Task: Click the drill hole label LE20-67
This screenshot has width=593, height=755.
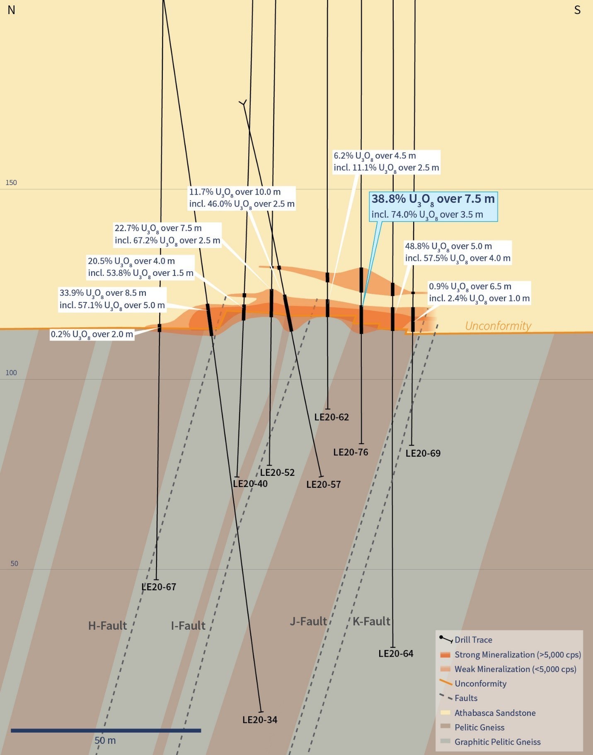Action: [159, 587]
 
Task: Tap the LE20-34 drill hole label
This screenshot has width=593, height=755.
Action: [260, 720]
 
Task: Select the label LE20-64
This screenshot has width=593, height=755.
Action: [396, 653]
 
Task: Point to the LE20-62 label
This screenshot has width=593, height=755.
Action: [332, 417]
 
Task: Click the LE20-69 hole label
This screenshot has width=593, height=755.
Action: [423, 453]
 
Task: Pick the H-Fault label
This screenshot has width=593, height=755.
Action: [107, 626]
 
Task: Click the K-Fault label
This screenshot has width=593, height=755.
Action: [371, 621]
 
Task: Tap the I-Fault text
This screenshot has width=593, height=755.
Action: [188, 626]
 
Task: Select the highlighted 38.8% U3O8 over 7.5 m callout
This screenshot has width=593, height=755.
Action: [433, 206]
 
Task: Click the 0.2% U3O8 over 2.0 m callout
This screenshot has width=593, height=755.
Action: [92, 334]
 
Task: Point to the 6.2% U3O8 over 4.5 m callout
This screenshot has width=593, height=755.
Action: [386, 162]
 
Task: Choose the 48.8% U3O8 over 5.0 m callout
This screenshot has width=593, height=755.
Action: [457, 252]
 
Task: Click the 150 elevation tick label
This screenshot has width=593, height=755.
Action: [11, 183]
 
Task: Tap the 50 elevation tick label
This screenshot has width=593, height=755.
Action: [14, 563]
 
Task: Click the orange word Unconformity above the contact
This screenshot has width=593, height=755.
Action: [498, 326]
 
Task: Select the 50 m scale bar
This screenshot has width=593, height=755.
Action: [106, 731]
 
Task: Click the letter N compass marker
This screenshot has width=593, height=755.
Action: [11, 10]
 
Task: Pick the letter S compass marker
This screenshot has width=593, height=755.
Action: [577, 10]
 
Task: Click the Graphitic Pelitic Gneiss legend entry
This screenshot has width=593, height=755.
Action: [497, 742]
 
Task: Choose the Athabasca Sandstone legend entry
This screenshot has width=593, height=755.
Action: [495, 713]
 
